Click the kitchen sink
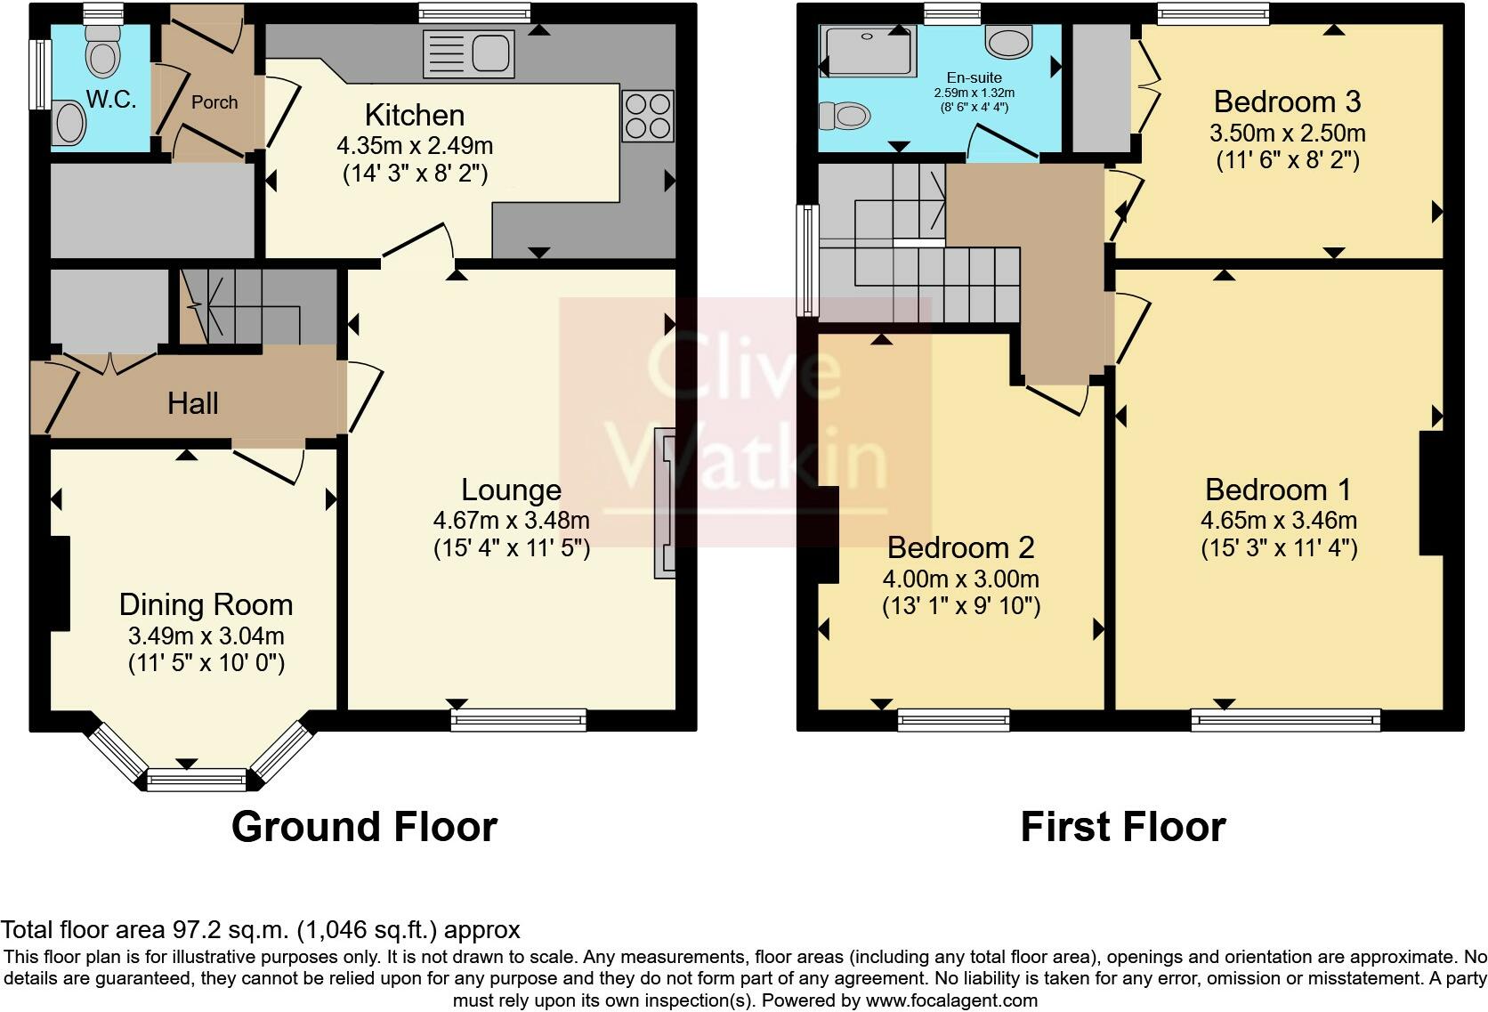coord(469,53)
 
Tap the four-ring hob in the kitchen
coord(648,116)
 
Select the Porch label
coord(214,102)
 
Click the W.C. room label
coord(111,100)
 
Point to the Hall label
coord(192,403)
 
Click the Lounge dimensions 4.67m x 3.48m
coord(512,520)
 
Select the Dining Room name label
coord(206,604)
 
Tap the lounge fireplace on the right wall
coord(665,503)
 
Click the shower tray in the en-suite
coord(867,51)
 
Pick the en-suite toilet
coord(845,116)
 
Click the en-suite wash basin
coord(1008,41)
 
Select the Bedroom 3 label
coord(1288,101)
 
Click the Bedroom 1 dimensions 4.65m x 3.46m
coord(1279,520)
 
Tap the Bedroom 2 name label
coord(960,547)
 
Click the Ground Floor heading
coord(364,827)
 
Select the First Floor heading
coord(1122,827)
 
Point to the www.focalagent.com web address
coord(951,1000)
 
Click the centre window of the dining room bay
coord(197,780)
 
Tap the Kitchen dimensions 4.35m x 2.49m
coord(415,145)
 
